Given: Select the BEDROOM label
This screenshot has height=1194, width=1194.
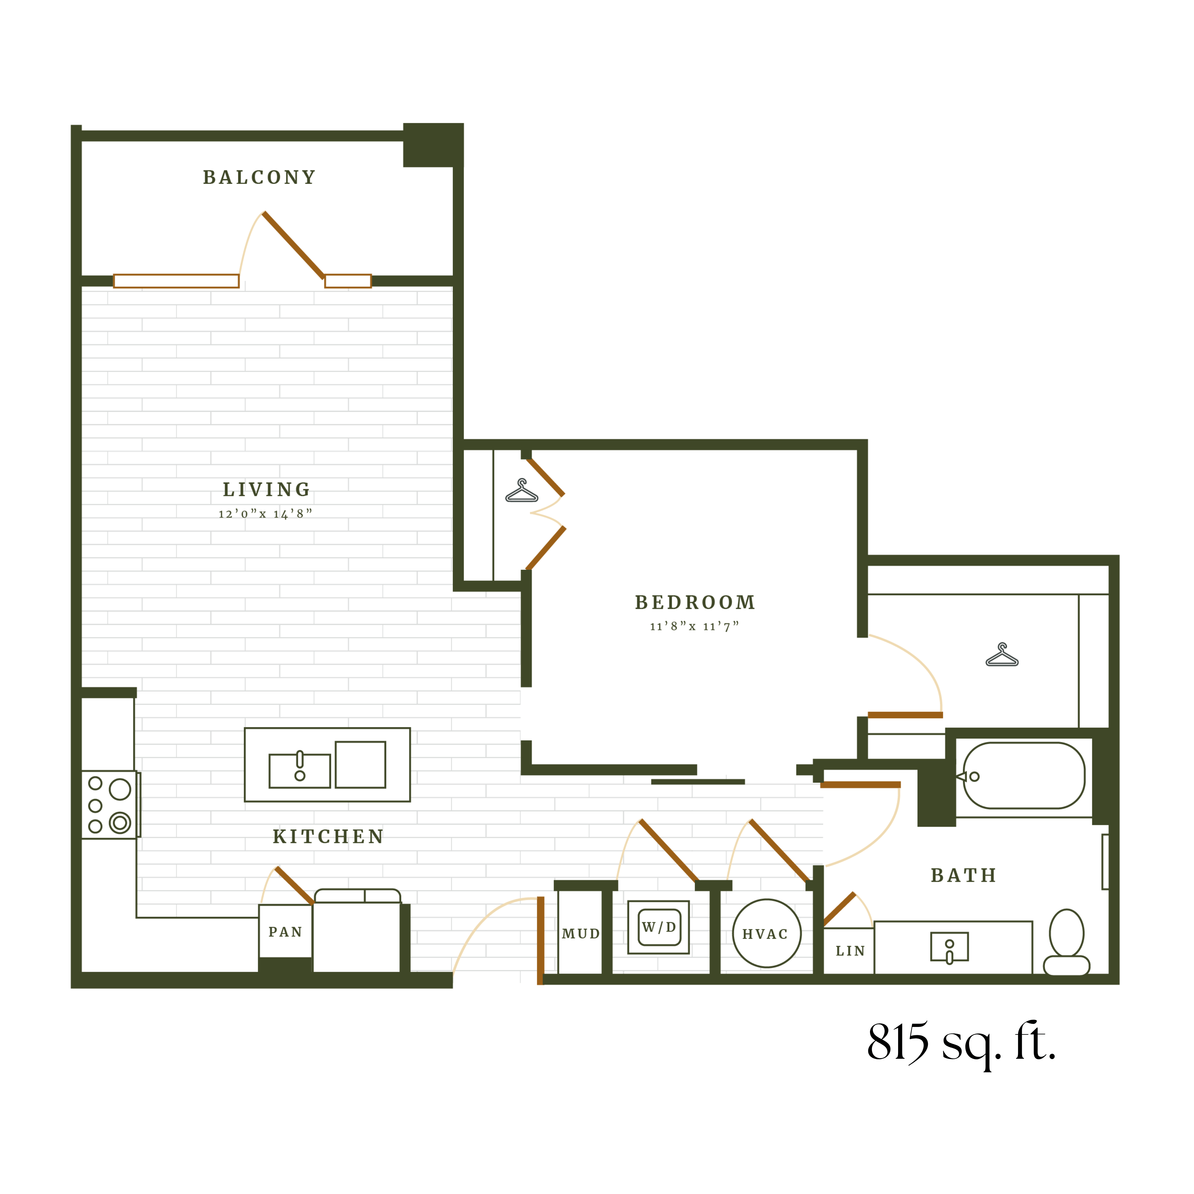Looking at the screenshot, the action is coord(695,603).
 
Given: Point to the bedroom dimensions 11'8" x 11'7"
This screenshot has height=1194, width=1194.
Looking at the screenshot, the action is coord(694,627).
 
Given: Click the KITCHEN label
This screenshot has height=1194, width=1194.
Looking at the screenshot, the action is coord(328,837).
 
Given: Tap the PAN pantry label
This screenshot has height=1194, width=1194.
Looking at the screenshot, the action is coord(285,932).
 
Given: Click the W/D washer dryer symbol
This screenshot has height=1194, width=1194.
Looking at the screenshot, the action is coord(659,927).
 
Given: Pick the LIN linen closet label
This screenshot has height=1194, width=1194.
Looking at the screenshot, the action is coord(851,951).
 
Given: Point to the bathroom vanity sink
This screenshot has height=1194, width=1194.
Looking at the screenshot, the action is coord(950,947).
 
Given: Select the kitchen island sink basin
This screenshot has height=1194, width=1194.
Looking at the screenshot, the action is coord(300,771).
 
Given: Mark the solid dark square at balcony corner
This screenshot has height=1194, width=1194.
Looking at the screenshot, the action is coord(433,145).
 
